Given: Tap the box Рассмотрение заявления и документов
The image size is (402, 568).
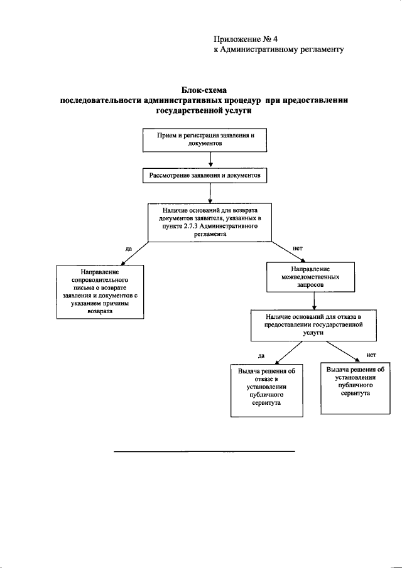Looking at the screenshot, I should pyautogui.click(x=204, y=176).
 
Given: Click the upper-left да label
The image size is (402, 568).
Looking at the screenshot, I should pyautogui.click(x=128, y=249).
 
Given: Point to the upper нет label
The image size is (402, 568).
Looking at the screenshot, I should pyautogui.click(x=298, y=248).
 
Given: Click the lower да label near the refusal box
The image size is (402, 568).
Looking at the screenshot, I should pyautogui.click(x=261, y=356).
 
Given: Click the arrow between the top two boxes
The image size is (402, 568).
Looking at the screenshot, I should pyautogui.click(x=202, y=161).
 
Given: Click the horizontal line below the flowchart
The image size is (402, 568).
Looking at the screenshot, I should pyautogui.click(x=204, y=451).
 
